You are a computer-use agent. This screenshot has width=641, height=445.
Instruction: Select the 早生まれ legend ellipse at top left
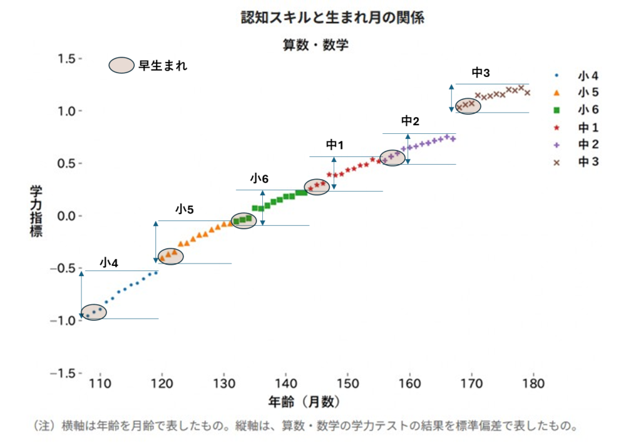point(121,65)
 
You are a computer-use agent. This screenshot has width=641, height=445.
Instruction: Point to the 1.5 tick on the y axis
point(66,58)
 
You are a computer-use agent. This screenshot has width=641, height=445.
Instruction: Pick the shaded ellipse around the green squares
point(244,220)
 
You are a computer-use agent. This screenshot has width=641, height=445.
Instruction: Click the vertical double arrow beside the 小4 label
point(81,295)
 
